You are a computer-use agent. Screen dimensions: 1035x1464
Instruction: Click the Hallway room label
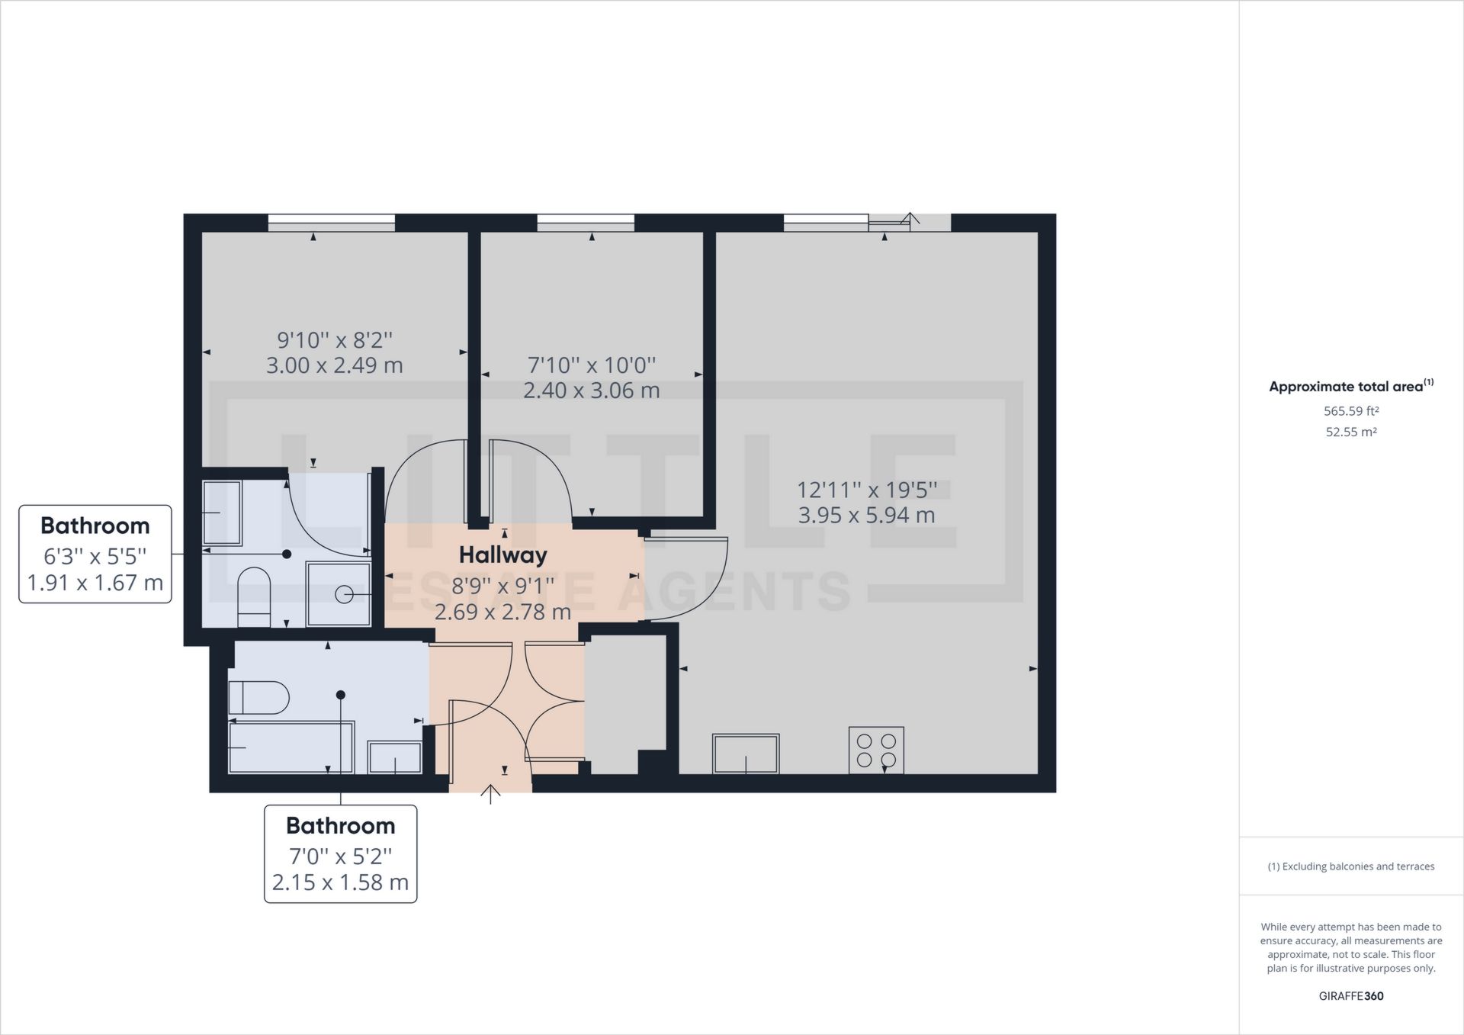(x=502, y=554)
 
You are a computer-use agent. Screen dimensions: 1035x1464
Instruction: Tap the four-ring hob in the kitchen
(x=876, y=750)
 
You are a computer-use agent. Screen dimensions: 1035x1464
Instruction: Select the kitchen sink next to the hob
(x=746, y=754)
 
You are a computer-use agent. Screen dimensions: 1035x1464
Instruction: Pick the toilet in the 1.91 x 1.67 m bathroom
(x=254, y=599)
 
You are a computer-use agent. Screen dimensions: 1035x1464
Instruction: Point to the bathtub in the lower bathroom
(x=291, y=747)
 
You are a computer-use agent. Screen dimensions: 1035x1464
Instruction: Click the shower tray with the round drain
(x=339, y=594)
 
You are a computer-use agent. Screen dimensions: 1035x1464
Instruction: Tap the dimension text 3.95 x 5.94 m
(x=866, y=515)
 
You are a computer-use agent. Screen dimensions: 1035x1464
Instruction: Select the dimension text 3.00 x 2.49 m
(x=334, y=365)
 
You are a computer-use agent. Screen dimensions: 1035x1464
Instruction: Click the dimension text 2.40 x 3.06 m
(x=591, y=391)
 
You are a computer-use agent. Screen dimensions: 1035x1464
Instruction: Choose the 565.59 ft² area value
(x=1351, y=411)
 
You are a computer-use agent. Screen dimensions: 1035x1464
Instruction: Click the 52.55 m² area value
(x=1351, y=432)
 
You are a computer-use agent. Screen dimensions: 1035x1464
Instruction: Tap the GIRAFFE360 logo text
(x=1351, y=996)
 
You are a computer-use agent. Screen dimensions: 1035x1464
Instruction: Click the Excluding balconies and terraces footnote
(x=1351, y=866)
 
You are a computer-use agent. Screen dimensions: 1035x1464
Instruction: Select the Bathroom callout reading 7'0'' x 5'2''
(x=340, y=854)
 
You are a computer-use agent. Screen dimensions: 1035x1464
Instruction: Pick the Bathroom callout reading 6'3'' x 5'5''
(x=95, y=554)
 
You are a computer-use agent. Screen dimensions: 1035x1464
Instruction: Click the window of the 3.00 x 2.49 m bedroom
(x=331, y=223)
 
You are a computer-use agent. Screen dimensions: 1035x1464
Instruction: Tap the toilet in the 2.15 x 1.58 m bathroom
(x=258, y=697)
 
